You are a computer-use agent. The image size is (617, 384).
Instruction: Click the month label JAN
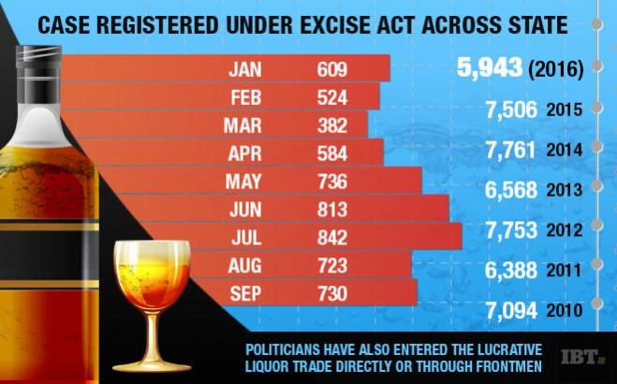(246, 68)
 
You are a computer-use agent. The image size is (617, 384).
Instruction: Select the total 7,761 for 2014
(511, 150)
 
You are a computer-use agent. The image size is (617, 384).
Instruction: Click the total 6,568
(511, 189)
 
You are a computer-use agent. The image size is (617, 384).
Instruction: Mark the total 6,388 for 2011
(511, 269)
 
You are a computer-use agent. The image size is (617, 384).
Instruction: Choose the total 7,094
(511, 308)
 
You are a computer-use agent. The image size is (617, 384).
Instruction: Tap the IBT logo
(582, 357)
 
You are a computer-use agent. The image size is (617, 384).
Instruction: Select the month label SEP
(246, 293)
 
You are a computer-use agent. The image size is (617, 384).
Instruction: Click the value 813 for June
(331, 209)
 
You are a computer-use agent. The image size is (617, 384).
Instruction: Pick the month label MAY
(246, 181)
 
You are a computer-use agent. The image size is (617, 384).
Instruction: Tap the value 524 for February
(331, 96)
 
